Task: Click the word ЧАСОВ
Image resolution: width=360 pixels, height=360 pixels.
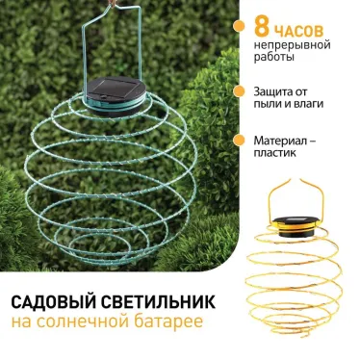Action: (301, 28)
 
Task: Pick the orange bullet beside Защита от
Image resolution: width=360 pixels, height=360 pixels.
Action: (239, 91)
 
